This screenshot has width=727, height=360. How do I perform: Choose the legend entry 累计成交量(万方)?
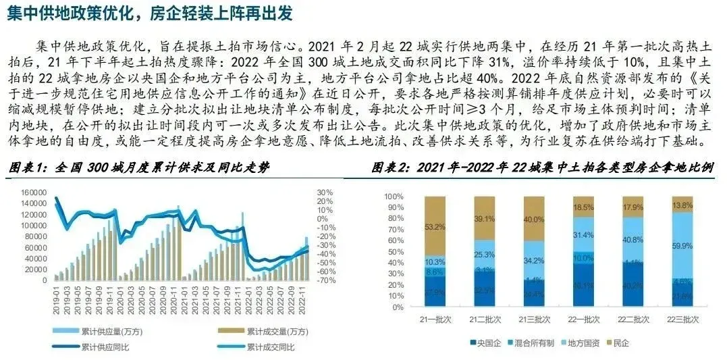pos(271,331)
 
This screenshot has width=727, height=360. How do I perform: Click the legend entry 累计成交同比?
pos(271,346)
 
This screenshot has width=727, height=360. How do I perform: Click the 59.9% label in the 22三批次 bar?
pos(682,246)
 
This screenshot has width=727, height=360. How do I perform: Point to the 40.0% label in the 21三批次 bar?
pos(534,219)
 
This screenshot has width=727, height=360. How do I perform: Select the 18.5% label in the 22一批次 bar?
pos(583,207)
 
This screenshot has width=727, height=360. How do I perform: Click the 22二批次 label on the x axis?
pos(632,317)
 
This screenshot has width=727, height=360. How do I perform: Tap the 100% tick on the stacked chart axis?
pos(393,196)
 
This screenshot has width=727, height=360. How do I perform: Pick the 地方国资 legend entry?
pos(582,343)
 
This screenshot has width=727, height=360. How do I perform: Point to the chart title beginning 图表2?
pos(543,167)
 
